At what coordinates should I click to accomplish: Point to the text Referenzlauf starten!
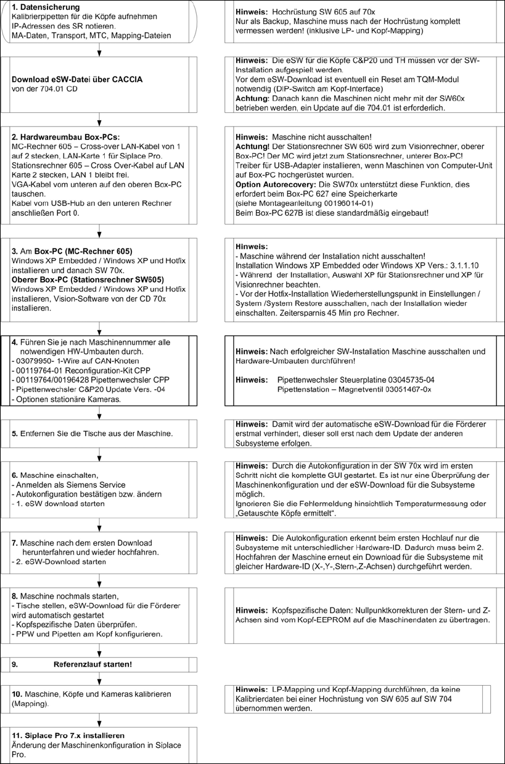click(x=92, y=665)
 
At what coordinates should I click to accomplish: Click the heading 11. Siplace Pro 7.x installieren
click(x=68, y=735)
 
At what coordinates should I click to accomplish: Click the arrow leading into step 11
click(x=99, y=721)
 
